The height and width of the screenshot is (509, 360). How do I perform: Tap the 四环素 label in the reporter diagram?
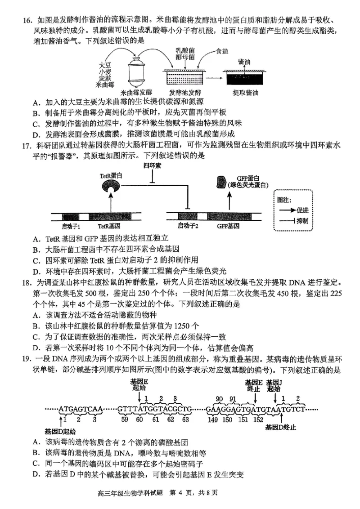click(153, 165)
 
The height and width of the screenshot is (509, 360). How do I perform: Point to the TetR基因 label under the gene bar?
click(111, 225)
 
